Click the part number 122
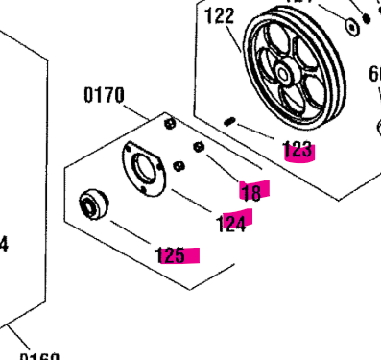220,15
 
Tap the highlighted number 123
298,149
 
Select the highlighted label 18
252,191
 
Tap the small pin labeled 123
231,120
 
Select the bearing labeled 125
92,204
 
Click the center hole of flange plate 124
144,169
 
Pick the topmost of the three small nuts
170,124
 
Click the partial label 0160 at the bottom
39,355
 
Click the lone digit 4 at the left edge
4,246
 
